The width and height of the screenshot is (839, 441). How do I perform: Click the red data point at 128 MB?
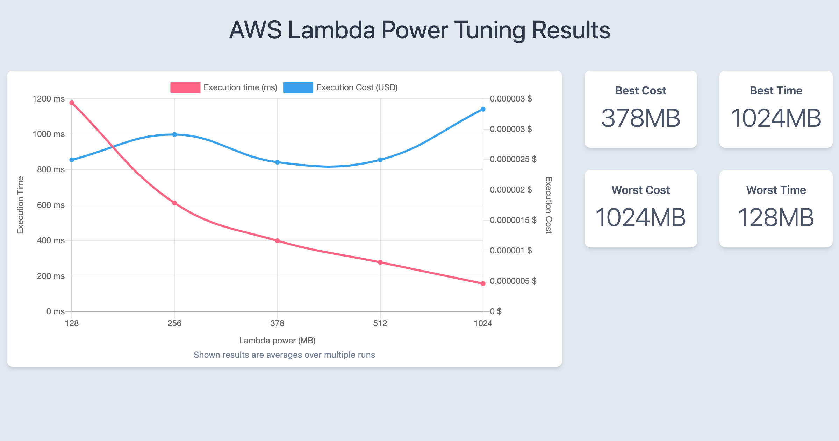pyautogui.click(x=72, y=103)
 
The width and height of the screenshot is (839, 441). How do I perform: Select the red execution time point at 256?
pyautogui.click(x=174, y=203)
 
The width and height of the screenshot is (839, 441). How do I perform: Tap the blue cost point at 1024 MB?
pyautogui.click(x=483, y=109)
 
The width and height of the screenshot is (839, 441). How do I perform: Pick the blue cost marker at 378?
pyautogui.click(x=277, y=162)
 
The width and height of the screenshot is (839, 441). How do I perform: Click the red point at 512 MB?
pyautogui.click(x=380, y=262)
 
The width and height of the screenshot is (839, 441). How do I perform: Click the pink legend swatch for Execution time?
pyautogui.click(x=185, y=87)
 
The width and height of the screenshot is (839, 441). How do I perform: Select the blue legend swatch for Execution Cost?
pyautogui.click(x=298, y=87)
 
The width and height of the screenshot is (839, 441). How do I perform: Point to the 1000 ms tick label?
pyautogui.click(x=48, y=134)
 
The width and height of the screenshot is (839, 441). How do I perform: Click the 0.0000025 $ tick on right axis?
pyautogui.click(x=513, y=159)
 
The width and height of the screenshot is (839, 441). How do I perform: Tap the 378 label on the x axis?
pyautogui.click(x=277, y=323)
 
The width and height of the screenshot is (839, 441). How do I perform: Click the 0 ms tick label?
pyautogui.click(x=55, y=311)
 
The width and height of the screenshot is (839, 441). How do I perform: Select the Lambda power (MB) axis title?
pyautogui.click(x=277, y=341)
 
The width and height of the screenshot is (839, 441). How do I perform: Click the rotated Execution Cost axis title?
pyautogui.click(x=548, y=205)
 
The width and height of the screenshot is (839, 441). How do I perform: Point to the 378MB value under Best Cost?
pyautogui.click(x=640, y=118)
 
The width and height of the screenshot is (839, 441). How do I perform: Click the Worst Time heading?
pyautogui.click(x=776, y=190)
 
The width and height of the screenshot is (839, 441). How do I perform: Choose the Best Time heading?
pyautogui.click(x=776, y=91)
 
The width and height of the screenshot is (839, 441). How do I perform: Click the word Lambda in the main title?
pyautogui.click(x=331, y=30)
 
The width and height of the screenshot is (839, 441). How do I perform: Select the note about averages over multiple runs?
pyautogui.click(x=284, y=355)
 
